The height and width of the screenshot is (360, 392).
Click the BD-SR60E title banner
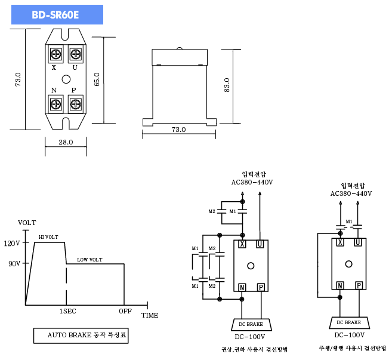coord(57,15)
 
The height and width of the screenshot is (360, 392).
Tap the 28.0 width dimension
coord(66,142)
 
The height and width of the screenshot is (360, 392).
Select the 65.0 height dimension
coord(97,79)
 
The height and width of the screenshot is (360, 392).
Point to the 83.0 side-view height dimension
coord(227,85)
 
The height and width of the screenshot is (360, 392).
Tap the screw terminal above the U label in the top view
coord(76,54)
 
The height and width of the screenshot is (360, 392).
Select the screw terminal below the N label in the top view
coord(56,104)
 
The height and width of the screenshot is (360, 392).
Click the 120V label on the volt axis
coord(12,243)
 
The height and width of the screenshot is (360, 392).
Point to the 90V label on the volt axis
coord(14,263)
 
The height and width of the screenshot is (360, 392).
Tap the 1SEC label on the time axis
coord(67,311)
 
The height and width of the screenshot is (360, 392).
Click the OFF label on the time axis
coord(125,311)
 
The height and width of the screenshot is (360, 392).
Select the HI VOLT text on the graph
coord(48,237)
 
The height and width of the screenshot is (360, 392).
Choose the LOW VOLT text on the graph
coord(89,260)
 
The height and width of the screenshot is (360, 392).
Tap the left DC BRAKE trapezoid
coord(251,324)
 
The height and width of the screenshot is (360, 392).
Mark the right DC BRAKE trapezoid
coord(350,322)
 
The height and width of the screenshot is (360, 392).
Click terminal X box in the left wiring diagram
coord(242,244)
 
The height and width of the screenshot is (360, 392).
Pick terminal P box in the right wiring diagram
coord(359,285)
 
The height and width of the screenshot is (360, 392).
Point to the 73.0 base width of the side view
coord(178,130)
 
